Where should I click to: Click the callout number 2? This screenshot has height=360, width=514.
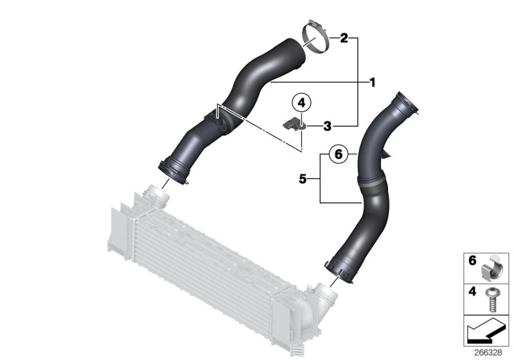(x=344, y=39)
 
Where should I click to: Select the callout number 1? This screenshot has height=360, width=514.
(x=371, y=82)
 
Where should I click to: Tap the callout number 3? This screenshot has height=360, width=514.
(x=327, y=126)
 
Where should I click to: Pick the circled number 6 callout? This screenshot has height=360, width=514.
(x=339, y=154)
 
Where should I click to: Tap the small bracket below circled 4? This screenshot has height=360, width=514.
(x=294, y=123)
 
